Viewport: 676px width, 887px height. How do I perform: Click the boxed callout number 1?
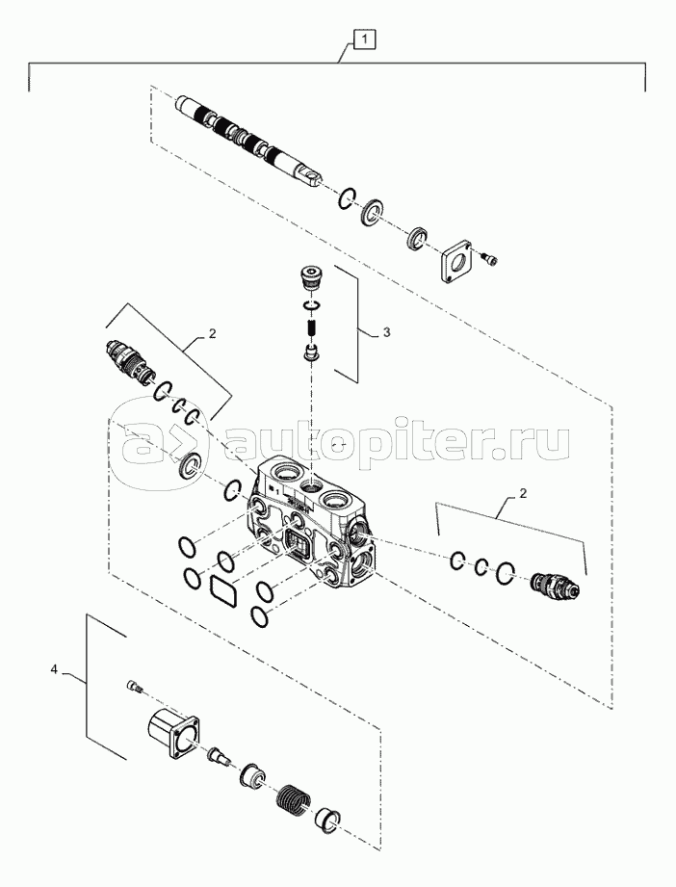pyautogui.click(x=364, y=39)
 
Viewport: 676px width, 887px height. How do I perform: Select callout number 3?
pyautogui.click(x=386, y=331)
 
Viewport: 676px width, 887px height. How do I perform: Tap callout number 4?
pyautogui.click(x=54, y=667)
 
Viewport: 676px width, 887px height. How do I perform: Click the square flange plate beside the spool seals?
pyautogui.click(x=456, y=259)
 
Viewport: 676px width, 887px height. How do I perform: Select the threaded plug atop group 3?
pyautogui.click(x=310, y=277)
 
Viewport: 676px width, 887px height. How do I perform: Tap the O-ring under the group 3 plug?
pyautogui.click(x=311, y=306)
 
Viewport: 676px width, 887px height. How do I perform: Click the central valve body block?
pyautogui.click(x=308, y=520)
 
